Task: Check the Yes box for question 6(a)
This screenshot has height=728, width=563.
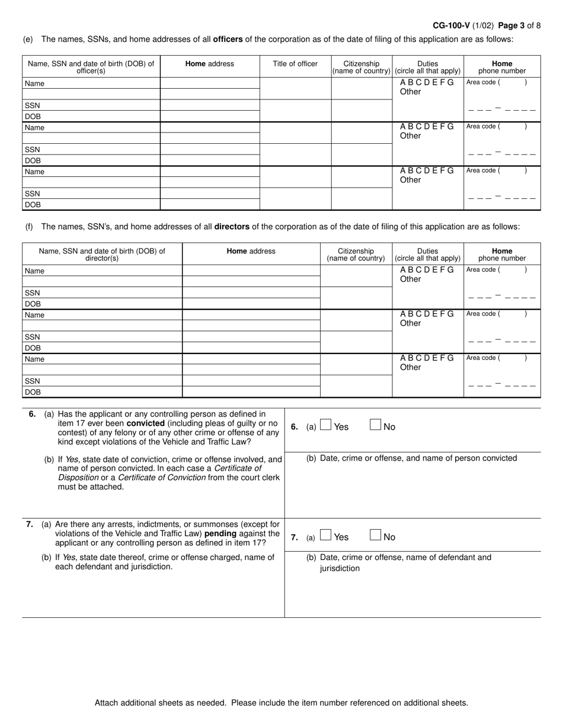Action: point(325,425)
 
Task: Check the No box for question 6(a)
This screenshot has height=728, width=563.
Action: point(375,425)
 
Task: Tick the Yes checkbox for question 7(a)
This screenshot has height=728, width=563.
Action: point(325,535)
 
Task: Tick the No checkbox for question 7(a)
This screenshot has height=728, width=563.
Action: point(375,535)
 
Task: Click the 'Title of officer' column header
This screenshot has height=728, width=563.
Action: point(295,64)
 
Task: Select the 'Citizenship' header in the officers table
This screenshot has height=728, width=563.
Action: point(362,64)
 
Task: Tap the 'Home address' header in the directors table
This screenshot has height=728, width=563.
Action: point(251,251)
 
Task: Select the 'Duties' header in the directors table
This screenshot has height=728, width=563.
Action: point(427,251)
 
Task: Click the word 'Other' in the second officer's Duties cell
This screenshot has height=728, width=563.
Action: point(410,136)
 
